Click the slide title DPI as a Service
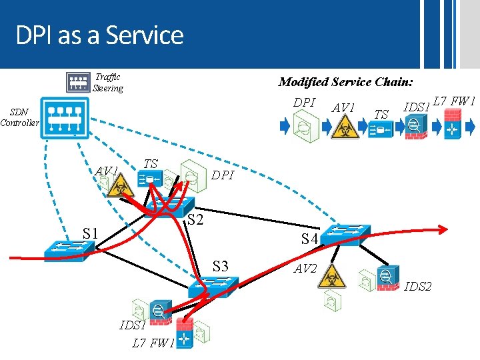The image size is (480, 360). [99, 35]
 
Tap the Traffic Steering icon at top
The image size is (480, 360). [78, 82]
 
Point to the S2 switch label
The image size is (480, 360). [194, 220]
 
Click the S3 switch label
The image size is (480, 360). [220, 267]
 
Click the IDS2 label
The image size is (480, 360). [418, 287]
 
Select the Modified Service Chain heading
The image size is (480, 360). [345, 82]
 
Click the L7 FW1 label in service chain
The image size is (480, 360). [453, 102]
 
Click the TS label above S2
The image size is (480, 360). [151, 163]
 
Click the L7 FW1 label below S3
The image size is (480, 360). [153, 344]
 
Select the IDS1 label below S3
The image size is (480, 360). [132, 326]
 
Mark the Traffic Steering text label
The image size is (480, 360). [108, 83]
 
